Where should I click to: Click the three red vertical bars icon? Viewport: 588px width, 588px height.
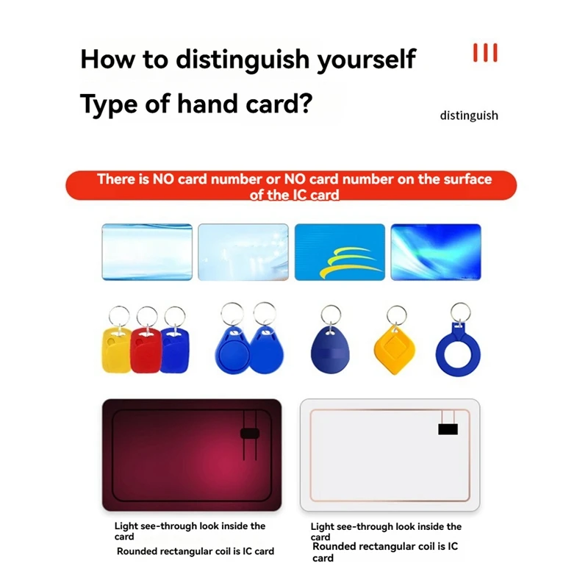coord(485,53)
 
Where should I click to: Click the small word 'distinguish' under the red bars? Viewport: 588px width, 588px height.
coord(469,115)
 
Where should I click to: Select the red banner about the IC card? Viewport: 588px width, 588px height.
coord(291,186)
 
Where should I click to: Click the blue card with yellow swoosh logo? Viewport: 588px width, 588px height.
coord(340,252)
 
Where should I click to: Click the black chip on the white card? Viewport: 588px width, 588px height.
coord(447,429)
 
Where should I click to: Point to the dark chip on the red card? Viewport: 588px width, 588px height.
coord(249,432)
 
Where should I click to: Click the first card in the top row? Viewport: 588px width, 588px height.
coord(147,252)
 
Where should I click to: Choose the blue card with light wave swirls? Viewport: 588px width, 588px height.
coord(435,252)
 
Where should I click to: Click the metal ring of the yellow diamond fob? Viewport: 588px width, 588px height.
coord(396,315)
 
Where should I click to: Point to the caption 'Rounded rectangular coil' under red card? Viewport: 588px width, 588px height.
coord(195,551)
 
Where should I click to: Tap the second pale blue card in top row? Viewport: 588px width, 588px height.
coord(243,252)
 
